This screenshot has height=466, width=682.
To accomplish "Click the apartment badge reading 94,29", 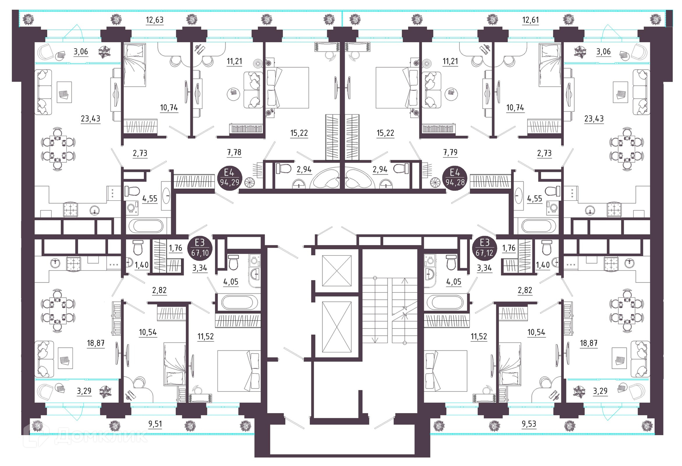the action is pyautogui.click(x=229, y=178).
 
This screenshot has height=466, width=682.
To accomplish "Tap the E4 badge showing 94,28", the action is pyautogui.click(x=455, y=178).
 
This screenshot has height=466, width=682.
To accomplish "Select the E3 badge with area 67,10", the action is pyautogui.click(x=200, y=248).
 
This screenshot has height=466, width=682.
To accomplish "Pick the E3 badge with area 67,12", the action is pyautogui.click(x=485, y=248).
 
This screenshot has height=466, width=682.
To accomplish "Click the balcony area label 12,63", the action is pyautogui.click(x=155, y=20).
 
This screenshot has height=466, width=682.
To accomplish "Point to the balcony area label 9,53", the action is pyautogui.click(x=529, y=424).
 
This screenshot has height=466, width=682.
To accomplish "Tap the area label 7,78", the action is pyautogui.click(x=234, y=153).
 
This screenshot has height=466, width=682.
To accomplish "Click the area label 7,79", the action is pyautogui.click(x=450, y=153).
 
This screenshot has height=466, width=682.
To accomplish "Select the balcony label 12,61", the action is pyautogui.click(x=530, y=20).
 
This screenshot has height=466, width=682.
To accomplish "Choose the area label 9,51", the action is pyautogui.click(x=155, y=424).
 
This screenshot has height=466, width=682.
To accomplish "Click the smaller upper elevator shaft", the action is pyautogui.click(x=337, y=271).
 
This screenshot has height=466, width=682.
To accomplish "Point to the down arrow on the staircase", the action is pyautogui.click(x=375, y=309).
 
